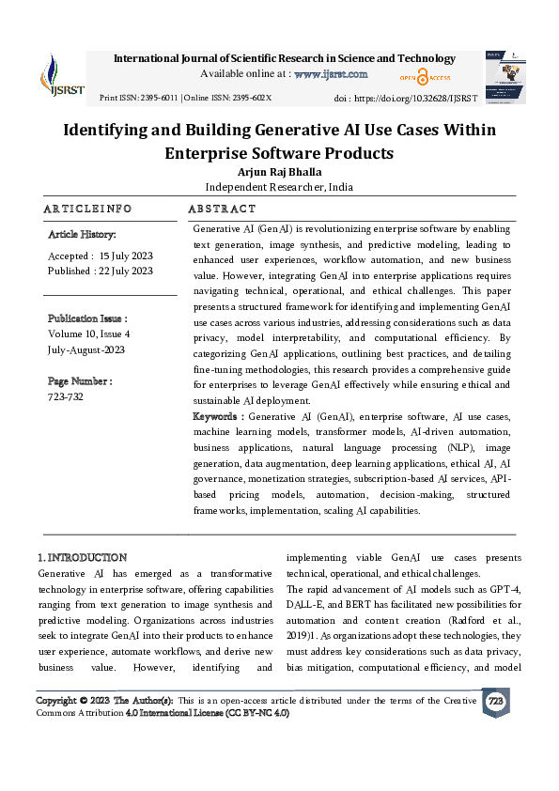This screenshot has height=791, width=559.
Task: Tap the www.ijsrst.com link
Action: tap(331, 73)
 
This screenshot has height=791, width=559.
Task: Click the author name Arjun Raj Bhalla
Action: tap(279, 172)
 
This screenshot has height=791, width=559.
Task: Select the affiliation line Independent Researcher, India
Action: tap(279, 187)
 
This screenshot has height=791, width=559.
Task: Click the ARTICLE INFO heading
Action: tap(87, 209)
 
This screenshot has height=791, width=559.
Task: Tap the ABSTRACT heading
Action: tap(222, 209)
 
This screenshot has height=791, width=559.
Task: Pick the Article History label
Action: tap(82, 234)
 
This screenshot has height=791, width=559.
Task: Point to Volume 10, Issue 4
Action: tap(89, 333)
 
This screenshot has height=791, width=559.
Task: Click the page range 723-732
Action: tap(66, 396)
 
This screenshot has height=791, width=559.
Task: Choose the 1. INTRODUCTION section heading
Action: tap(81, 557)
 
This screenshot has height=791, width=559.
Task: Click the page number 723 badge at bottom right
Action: tap(494, 700)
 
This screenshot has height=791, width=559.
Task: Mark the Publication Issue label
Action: tap(87, 318)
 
